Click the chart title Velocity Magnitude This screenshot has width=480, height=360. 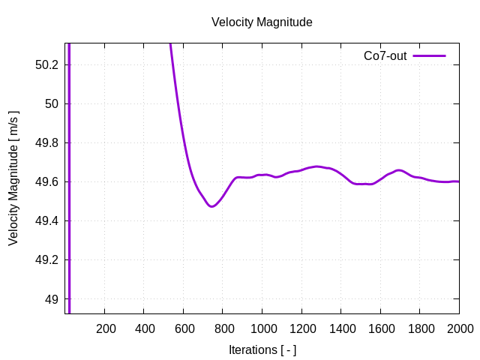262,22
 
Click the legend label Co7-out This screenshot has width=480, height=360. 385,56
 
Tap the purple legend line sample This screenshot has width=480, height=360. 429,56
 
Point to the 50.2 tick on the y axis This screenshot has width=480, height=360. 47,64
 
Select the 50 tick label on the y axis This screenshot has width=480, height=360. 52,103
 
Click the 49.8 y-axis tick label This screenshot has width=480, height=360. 47,142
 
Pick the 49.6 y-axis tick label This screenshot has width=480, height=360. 47,181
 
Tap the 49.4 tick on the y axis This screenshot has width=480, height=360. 47,220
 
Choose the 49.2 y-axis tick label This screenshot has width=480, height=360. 47,260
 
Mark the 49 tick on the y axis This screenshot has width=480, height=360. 52,299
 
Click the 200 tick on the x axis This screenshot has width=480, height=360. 106,328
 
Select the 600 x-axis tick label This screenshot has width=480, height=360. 184,328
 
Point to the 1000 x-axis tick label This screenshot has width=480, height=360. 262,328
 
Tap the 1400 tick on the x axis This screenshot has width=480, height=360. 341,328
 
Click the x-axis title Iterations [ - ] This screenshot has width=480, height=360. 262,349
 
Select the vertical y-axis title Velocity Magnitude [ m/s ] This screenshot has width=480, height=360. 13,178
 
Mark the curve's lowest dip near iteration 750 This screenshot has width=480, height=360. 212,206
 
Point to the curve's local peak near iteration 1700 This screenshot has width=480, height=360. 399,170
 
